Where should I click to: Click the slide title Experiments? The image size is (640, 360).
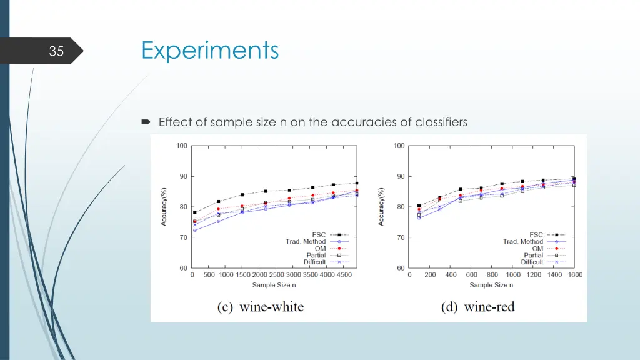210,50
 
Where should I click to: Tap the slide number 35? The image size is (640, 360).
56,51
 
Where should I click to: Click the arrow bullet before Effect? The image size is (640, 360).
146,122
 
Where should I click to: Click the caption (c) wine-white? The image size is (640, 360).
260,306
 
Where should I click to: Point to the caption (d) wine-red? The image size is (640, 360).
477,306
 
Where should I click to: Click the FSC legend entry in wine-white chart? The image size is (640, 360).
319,235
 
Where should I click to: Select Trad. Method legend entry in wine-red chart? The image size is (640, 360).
523,242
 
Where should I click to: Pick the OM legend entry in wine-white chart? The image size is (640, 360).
320,249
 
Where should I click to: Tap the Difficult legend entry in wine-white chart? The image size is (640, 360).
314,262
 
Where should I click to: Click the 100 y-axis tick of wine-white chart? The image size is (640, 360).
182,146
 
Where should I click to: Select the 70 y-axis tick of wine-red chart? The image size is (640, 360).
400,237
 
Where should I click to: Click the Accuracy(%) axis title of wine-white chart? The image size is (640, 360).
164,206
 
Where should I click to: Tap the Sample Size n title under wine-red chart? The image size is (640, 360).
491,285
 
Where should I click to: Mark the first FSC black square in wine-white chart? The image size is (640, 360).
194,212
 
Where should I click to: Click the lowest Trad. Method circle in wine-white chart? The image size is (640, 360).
194,231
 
